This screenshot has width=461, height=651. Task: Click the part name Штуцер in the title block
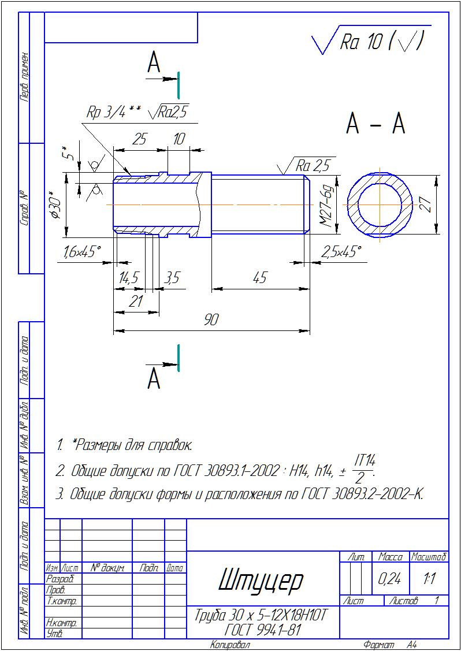(261, 579)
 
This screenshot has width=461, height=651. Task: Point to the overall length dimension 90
(211, 320)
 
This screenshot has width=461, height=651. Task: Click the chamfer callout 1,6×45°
(82, 252)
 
